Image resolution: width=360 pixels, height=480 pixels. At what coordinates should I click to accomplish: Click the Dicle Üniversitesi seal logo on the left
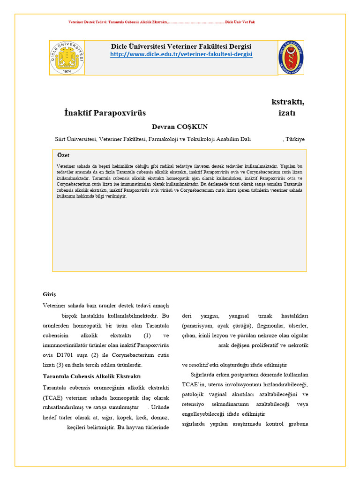(x=67, y=58)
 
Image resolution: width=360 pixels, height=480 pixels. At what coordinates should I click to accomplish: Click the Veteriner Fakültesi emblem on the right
(x=291, y=58)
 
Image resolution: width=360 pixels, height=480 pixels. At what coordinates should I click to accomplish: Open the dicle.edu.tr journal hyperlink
(x=181, y=54)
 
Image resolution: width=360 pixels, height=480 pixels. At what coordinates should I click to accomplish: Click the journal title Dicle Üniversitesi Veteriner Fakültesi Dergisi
(x=181, y=46)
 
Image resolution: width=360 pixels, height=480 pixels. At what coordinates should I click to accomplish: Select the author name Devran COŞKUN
(x=180, y=127)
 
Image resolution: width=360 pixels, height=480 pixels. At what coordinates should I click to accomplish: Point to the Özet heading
(x=63, y=155)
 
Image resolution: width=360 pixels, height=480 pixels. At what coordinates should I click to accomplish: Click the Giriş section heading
(x=49, y=294)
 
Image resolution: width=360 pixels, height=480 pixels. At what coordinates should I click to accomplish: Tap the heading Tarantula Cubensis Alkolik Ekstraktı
(x=92, y=376)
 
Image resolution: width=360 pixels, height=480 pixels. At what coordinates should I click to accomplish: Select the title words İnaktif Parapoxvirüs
(x=105, y=113)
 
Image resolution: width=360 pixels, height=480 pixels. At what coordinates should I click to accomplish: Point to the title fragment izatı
(x=287, y=113)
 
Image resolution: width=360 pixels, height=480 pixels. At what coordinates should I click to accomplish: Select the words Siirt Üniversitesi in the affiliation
(x=75, y=139)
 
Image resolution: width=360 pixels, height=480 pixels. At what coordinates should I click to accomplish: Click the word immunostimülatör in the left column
(x=67, y=345)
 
